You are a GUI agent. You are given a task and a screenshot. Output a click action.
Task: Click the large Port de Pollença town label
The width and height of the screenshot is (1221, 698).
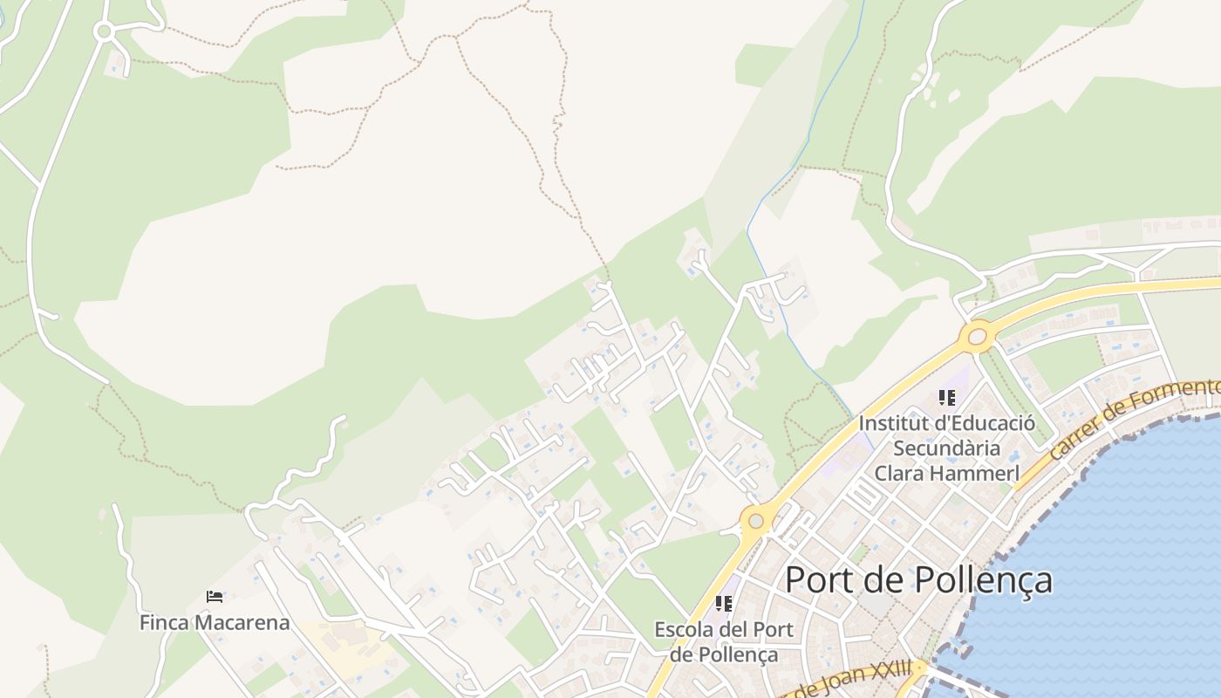click(918, 580)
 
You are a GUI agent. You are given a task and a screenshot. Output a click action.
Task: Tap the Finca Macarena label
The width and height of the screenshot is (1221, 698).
click(215, 623)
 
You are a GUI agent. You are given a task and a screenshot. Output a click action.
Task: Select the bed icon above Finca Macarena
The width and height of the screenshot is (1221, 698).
click(215, 597)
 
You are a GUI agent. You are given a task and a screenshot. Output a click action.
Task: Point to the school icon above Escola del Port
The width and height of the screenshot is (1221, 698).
click(723, 603)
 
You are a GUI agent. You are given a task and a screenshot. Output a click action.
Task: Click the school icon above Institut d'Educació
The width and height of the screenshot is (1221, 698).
click(946, 399)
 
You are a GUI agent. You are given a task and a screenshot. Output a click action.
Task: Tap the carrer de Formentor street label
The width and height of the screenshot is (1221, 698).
click(1134, 419)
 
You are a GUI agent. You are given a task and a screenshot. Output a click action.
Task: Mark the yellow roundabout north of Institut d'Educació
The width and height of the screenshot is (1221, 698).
click(977, 335)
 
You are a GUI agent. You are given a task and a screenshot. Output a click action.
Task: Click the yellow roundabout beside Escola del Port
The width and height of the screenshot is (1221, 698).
click(755, 521)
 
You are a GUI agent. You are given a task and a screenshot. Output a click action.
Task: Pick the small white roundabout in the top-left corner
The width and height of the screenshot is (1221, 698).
click(104, 32)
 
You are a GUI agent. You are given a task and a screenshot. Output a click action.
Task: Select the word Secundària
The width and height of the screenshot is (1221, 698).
click(946, 448)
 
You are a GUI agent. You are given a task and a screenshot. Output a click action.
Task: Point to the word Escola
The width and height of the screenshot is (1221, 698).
click(683, 629)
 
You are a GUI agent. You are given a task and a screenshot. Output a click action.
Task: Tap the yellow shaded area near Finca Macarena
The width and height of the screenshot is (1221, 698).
click(349, 650)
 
